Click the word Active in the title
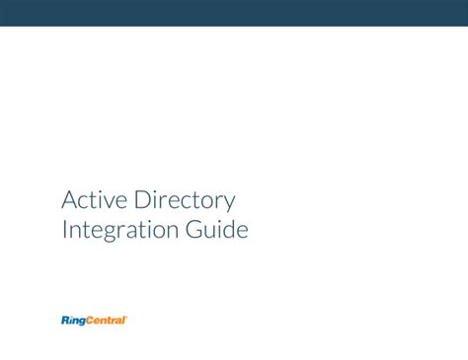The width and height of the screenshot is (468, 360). (x=93, y=201)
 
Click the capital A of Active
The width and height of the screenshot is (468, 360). (x=69, y=201)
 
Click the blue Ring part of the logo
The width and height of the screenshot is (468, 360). (x=74, y=321)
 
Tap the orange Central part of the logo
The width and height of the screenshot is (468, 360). (x=107, y=321)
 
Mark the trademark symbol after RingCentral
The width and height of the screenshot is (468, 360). (x=127, y=317)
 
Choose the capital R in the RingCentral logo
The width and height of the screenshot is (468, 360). (x=65, y=321)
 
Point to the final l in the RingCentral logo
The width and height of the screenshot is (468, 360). (x=124, y=321)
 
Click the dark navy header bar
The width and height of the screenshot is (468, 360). (x=234, y=13)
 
